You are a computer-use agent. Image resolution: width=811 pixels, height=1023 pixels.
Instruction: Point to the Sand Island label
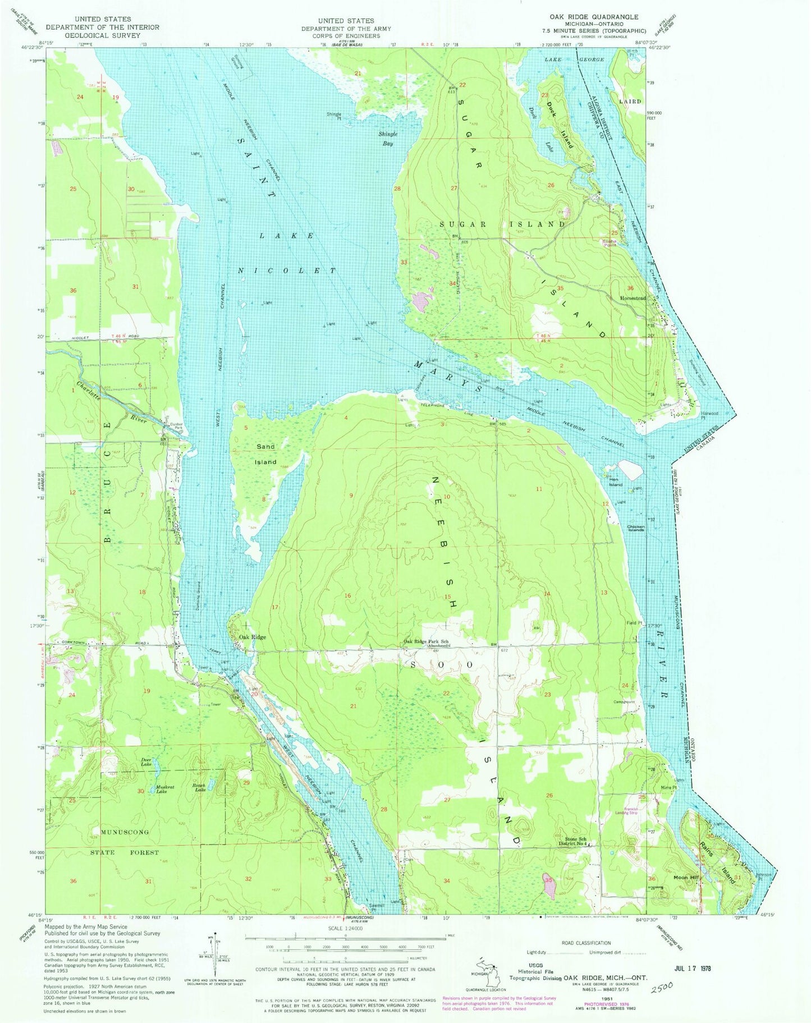266,454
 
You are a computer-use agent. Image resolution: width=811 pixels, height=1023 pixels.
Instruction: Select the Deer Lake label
146,763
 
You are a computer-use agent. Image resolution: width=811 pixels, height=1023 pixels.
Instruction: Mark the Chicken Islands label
639,528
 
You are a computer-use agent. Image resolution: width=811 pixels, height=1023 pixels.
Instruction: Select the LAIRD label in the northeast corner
630,102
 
